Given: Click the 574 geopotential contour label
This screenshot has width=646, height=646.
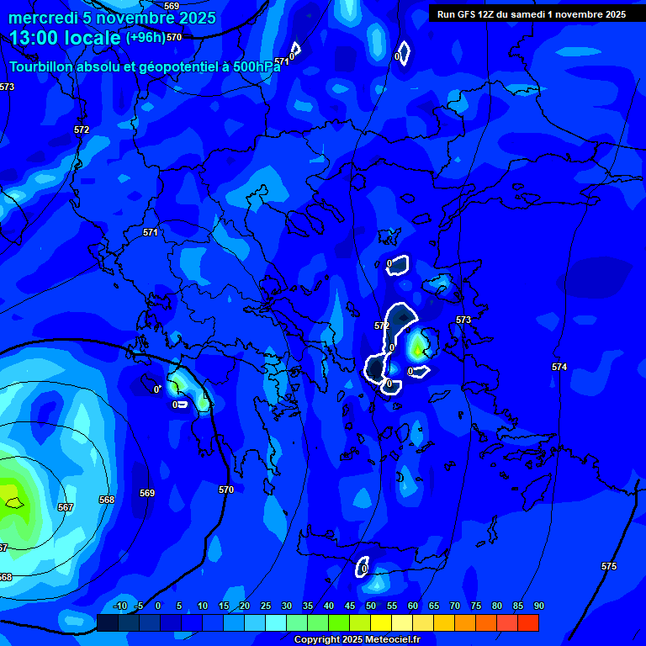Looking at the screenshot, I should coord(559,367).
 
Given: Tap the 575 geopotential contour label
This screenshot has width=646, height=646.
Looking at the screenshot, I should coord(609,566).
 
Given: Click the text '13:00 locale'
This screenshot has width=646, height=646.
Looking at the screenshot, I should coord(66,38).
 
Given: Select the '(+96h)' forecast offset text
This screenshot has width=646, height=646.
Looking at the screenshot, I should coord(146,38).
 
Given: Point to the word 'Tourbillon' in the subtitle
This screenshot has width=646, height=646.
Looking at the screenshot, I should coord(42,67).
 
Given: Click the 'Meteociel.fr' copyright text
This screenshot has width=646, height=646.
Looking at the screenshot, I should coord(386,640).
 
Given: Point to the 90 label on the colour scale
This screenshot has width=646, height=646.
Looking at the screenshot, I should coord(538,606).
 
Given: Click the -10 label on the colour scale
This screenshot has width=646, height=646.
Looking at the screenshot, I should coord(119,606).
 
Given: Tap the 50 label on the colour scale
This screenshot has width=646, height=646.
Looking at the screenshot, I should coord(371,606).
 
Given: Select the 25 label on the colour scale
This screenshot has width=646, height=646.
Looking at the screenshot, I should coord(266,606).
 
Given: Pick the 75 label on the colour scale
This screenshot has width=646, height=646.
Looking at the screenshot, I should coord(476,606).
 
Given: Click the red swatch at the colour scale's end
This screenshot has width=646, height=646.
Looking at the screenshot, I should coord(528,622).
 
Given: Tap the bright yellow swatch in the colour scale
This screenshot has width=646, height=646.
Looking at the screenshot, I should coord(381,622).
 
